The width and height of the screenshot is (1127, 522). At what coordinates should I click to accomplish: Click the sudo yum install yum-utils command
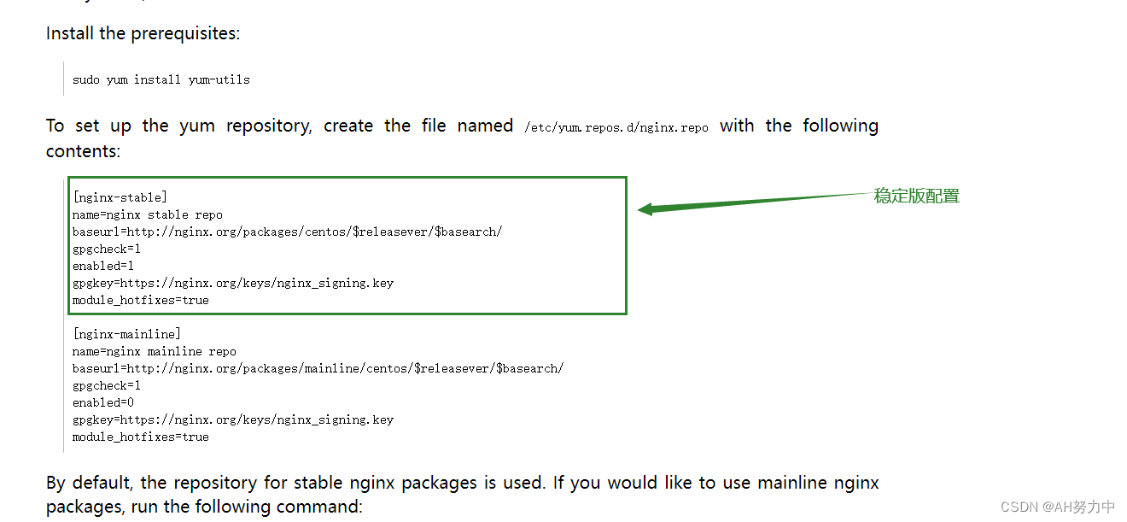[161, 79]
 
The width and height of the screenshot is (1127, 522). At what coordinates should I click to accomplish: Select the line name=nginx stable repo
[148, 214]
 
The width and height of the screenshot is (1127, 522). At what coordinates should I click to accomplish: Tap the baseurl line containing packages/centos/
[287, 232]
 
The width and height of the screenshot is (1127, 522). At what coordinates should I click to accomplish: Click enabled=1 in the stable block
[103, 266]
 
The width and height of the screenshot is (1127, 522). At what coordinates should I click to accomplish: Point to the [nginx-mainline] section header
[126, 334]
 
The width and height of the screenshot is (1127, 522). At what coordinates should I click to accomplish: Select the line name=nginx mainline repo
[155, 351]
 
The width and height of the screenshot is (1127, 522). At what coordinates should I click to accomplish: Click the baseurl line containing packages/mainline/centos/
[318, 368]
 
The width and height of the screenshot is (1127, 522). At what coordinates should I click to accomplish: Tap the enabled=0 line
[103, 402]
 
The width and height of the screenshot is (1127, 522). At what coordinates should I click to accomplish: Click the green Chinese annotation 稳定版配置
[917, 196]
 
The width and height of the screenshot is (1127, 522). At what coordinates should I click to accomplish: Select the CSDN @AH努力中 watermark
[1057, 507]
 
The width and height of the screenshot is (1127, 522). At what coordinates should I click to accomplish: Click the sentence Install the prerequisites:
[143, 33]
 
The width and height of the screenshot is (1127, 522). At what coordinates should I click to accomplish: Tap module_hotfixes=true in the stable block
[141, 300]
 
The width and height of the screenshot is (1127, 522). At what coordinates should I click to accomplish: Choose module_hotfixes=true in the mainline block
[141, 437]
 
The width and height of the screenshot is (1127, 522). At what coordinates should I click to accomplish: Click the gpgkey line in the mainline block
[233, 419]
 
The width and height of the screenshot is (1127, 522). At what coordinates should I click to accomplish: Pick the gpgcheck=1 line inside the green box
[107, 249]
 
